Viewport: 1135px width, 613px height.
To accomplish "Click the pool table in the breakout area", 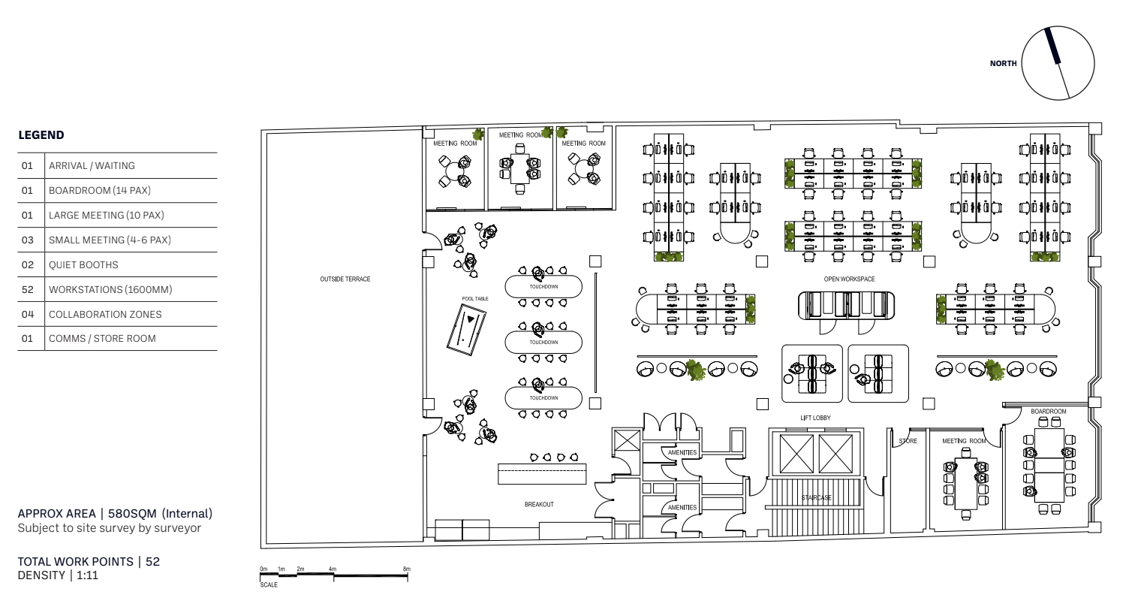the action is pos(466,330).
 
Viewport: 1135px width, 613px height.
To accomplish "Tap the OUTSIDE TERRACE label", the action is pos(345,279).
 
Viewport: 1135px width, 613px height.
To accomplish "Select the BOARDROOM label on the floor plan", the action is pos(1049,411).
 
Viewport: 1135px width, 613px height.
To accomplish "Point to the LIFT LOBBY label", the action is pos(815,418).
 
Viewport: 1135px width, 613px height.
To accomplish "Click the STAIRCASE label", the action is pos(816,498).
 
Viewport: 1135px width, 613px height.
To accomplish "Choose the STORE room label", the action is pos(908,441).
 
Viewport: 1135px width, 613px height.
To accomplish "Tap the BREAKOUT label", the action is pos(539,505).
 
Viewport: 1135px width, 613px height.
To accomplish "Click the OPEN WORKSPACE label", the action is pos(849,279).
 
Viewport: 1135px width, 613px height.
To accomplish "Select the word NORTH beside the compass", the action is pos(1003,63).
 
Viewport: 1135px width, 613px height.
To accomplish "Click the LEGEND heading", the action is pos(41,135).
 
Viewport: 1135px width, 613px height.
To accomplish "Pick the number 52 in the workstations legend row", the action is pos(27,289).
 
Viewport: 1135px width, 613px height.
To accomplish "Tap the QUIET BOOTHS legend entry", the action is pos(83,264).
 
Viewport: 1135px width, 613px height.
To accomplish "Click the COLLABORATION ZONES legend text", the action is pos(105,314).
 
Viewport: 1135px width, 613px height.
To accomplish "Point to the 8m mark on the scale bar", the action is pos(407,569).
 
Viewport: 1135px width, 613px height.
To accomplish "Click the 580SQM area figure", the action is pos(132,514).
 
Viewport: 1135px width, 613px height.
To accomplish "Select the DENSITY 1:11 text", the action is pos(58,575).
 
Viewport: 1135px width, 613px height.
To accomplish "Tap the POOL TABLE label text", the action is pos(474,299).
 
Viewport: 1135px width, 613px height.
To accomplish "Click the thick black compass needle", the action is pos(1052,46).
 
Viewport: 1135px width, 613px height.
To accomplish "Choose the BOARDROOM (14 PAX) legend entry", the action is pos(100,191).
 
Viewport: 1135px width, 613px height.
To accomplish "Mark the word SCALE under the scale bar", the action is pos(269,585).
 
